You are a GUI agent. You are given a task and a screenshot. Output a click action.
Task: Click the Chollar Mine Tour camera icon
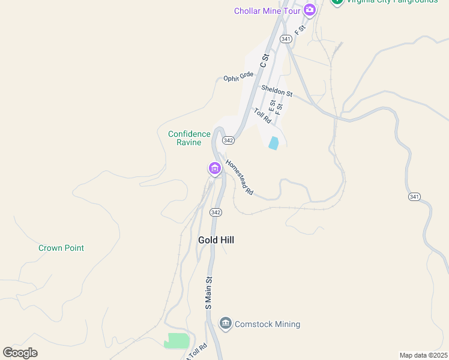310,10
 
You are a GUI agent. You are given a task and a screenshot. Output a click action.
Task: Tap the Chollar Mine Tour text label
268,10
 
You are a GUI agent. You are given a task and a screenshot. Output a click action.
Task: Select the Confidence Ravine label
189,138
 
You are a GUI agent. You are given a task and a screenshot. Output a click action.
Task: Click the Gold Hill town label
216,240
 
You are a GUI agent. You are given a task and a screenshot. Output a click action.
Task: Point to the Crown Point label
61,248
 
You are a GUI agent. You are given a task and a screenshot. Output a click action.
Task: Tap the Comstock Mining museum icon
226,324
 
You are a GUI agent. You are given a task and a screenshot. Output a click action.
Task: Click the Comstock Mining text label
267,324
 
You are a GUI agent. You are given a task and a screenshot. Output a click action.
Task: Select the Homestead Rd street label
240,177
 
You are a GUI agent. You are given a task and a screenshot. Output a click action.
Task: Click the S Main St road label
209,292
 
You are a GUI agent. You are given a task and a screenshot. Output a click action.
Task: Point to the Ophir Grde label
238,77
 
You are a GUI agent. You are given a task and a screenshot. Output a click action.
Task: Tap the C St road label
263,60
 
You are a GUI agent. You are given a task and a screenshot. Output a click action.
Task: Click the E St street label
271,107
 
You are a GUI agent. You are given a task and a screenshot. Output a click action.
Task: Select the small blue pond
274,143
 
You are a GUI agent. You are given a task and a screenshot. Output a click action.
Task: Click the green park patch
176,341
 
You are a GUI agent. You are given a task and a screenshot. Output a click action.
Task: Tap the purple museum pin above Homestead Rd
214,169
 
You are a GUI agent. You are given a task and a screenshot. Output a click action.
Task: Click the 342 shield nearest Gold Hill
216,212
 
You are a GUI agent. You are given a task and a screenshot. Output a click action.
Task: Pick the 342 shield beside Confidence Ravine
228,140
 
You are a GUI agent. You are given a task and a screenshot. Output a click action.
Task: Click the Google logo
20,353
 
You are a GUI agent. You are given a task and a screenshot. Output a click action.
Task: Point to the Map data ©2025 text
423,355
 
